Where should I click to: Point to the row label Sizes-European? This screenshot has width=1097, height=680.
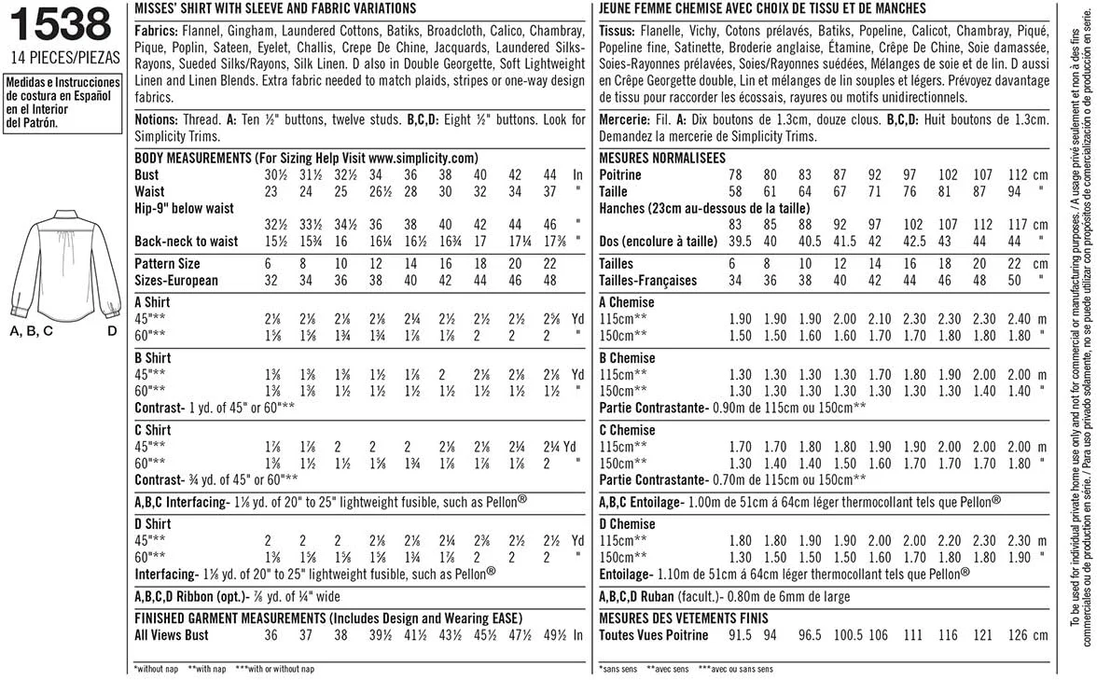177,280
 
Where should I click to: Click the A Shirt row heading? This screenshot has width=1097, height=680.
153,302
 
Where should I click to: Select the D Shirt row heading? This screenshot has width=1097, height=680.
153,523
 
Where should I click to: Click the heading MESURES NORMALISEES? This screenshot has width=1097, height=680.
663,157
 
